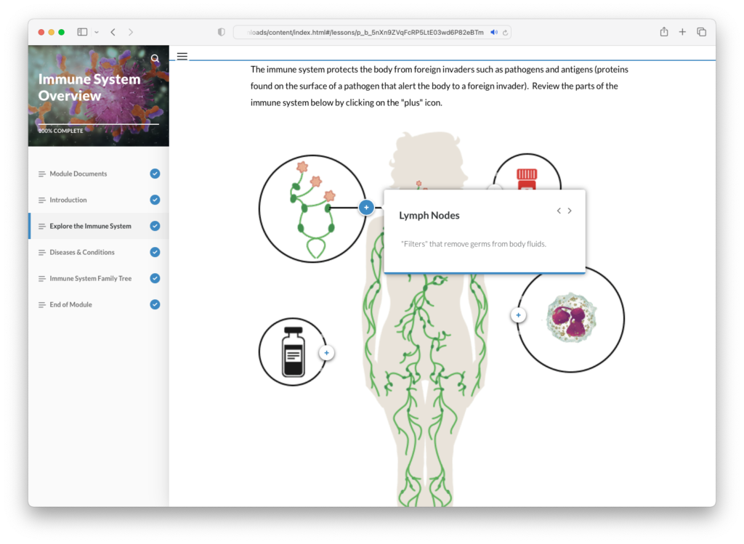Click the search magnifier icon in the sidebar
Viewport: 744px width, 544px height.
pos(155,59)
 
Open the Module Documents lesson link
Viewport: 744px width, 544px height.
pos(78,174)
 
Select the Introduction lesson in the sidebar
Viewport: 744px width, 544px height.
pos(68,200)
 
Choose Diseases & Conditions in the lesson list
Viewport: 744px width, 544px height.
pos(82,252)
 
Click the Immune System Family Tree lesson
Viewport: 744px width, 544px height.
pos(91,278)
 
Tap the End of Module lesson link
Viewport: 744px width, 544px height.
pos(70,304)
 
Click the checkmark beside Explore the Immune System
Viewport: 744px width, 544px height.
pos(155,226)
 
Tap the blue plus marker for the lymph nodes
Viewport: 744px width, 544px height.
pos(366,207)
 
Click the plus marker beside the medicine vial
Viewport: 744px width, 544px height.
pos(326,353)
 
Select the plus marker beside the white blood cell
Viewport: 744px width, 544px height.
pos(518,315)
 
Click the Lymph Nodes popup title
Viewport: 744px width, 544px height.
pos(429,215)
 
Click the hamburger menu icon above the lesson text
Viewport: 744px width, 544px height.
pos(182,57)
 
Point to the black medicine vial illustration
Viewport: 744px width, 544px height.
pos(294,352)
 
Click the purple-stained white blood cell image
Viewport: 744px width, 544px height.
pos(571,317)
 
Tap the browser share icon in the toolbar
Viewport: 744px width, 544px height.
pos(664,32)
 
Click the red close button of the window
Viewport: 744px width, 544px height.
pos(41,32)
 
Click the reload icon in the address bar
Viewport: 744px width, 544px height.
pos(506,32)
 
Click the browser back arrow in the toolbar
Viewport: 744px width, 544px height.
pos(113,32)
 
